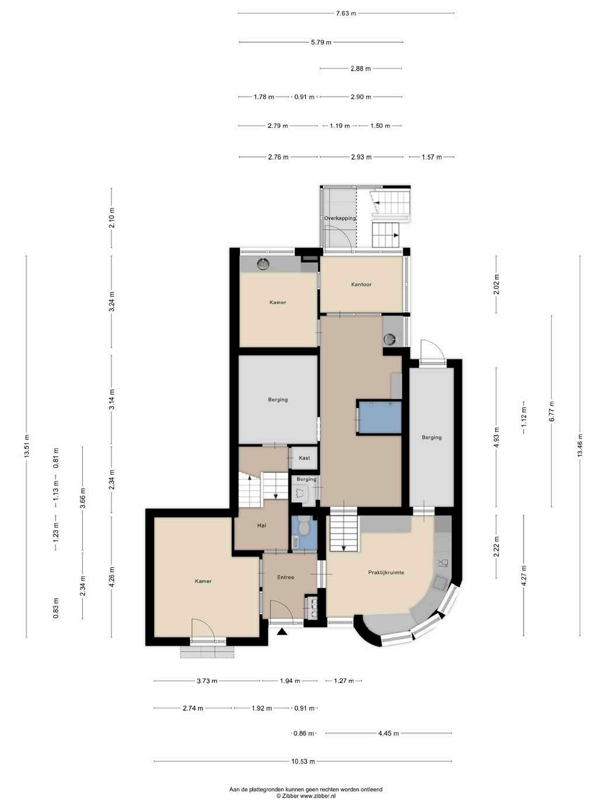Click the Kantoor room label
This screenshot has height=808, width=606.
pyautogui.click(x=361, y=284)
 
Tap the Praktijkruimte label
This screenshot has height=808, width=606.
pyautogui.click(x=386, y=572)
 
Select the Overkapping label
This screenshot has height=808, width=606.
pyautogui.click(x=340, y=218)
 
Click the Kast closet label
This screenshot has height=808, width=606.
pyautogui.click(x=304, y=458)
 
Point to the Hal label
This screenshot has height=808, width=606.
pyautogui.click(x=262, y=525)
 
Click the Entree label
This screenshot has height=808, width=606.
pyautogui.click(x=285, y=577)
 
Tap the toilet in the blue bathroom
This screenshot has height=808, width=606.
pyautogui.click(x=304, y=527)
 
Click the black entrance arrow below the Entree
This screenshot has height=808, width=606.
pyautogui.click(x=282, y=632)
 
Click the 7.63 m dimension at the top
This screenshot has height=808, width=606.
pyautogui.click(x=346, y=13)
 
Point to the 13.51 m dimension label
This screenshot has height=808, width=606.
pyautogui.click(x=26, y=446)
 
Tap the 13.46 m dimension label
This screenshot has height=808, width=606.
pyautogui.click(x=580, y=445)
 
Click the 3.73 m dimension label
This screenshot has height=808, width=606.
pyautogui.click(x=207, y=681)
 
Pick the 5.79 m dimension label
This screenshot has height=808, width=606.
pyautogui.click(x=321, y=43)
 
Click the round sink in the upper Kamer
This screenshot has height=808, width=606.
pyautogui.click(x=263, y=263)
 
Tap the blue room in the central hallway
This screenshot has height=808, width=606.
pyautogui.click(x=380, y=417)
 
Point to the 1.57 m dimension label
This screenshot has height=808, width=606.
pyautogui.click(x=431, y=157)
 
